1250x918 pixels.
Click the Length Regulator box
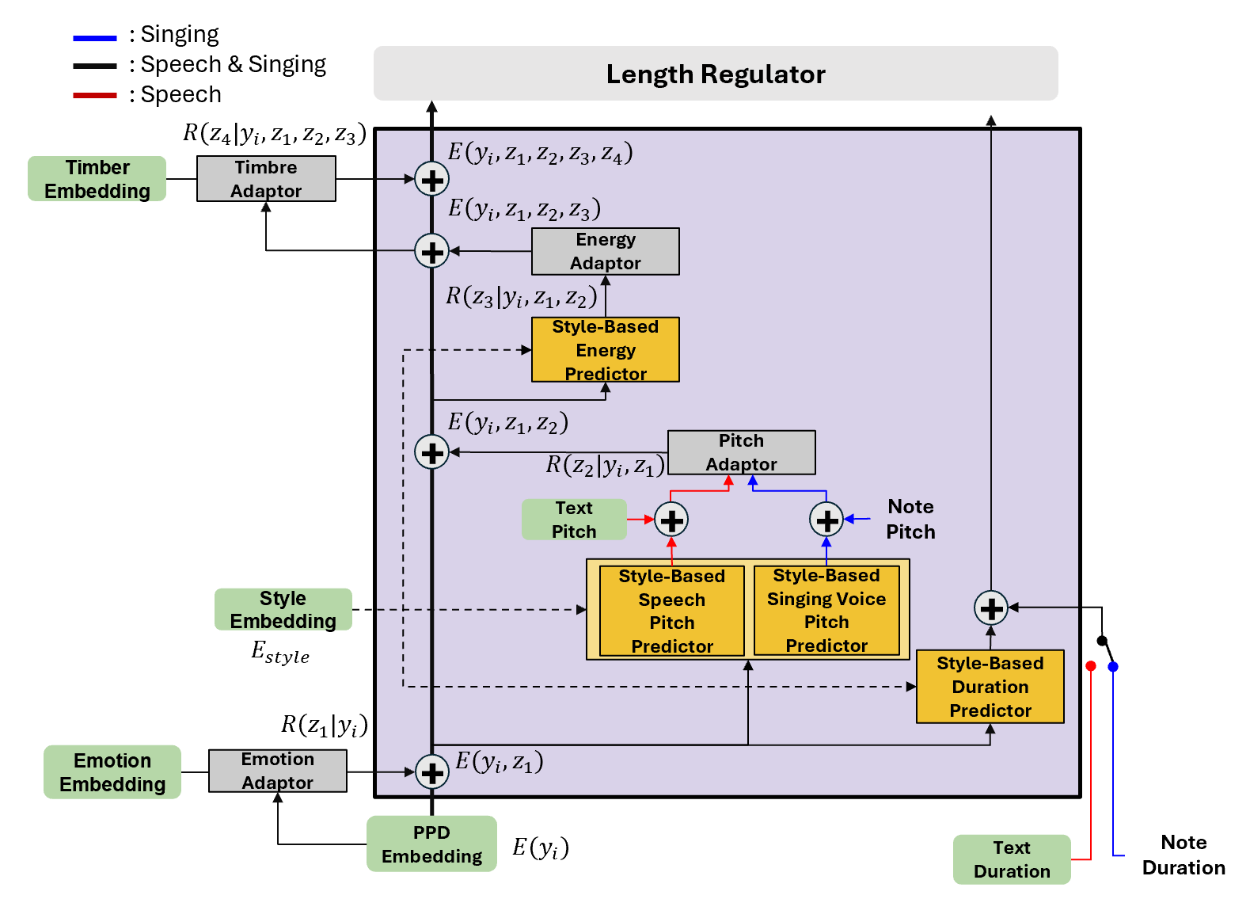[x=716, y=74]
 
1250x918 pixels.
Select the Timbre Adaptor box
[x=266, y=179]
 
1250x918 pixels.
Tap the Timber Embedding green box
[x=97, y=179]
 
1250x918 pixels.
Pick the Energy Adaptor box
[x=606, y=251]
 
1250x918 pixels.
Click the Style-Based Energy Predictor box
[x=606, y=350]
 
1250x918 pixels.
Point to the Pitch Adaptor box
[x=741, y=452]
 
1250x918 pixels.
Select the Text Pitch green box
[x=574, y=520]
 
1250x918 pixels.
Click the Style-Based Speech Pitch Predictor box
[x=672, y=611]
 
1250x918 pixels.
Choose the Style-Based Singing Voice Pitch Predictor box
[x=826, y=610]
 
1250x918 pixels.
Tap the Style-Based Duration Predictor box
[x=990, y=687]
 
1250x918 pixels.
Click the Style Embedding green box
[x=283, y=610]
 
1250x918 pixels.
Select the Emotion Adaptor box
[x=278, y=771]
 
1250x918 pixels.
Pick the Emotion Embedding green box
[x=112, y=772]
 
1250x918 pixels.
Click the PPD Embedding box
[x=431, y=844]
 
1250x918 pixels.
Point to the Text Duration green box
[x=1012, y=859]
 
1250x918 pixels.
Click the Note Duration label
[x=1184, y=855]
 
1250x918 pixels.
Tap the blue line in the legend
[x=95, y=37]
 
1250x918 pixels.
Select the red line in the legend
[x=95, y=95]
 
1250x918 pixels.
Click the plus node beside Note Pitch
[x=826, y=520]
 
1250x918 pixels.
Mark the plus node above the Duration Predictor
[x=991, y=608]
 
